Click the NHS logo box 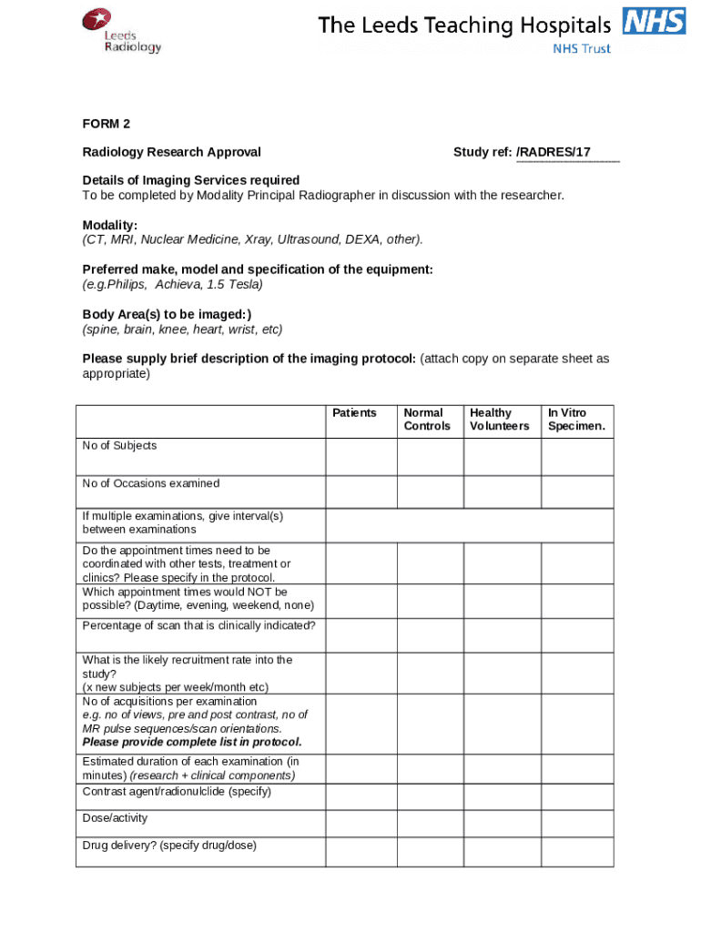pos(653,21)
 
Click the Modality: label pos(110,225)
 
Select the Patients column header pos(354,413)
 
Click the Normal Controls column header pos(427,420)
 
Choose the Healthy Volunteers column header pos(499,420)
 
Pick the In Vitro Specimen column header pos(576,420)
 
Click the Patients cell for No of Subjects pos(361,456)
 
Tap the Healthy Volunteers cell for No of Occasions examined pos(502,491)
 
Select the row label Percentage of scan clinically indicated pos(199,625)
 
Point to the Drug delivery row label pos(169,846)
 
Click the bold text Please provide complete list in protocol pos(192,742)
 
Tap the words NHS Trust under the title pos(582,48)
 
